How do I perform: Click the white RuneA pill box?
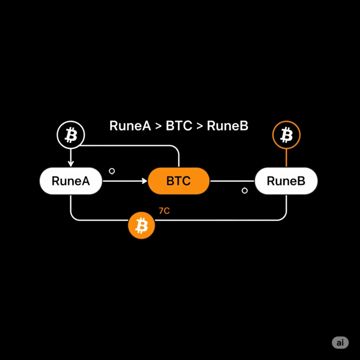pyautogui.click(x=71, y=181)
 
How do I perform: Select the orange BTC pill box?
pyautogui.click(x=178, y=181)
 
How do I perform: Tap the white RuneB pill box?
pyautogui.click(x=287, y=181)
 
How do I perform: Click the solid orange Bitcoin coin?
pyautogui.click(x=141, y=225)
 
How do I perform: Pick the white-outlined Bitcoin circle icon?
pyautogui.click(x=71, y=135)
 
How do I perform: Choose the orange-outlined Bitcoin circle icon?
pyautogui.click(x=287, y=135)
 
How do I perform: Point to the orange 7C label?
pyautogui.click(x=164, y=211)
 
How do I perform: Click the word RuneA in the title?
pyautogui.click(x=130, y=126)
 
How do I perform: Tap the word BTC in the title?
pyautogui.click(x=179, y=126)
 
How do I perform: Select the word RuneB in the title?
pyautogui.click(x=228, y=126)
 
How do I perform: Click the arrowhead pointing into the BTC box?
pyautogui.click(x=145, y=181)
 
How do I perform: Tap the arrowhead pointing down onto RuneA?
pyautogui.click(x=71, y=164)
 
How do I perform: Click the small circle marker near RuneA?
pyautogui.click(x=112, y=171)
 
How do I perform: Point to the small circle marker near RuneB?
pyautogui.click(x=245, y=190)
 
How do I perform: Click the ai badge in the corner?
pyautogui.click(x=340, y=342)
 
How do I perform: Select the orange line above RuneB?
pyautogui.click(x=287, y=158)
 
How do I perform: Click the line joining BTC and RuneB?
pyautogui.click(x=232, y=181)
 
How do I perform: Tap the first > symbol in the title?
pyautogui.click(x=158, y=126)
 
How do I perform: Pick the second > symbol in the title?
pyautogui.click(x=200, y=126)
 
